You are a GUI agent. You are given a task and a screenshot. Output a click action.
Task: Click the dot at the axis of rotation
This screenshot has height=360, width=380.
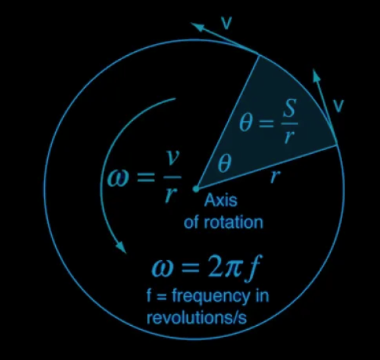(196, 189)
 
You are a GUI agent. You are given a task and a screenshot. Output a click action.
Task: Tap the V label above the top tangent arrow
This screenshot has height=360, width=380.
(227, 23)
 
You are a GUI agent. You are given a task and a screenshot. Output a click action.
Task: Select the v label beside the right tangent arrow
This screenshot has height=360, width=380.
(339, 106)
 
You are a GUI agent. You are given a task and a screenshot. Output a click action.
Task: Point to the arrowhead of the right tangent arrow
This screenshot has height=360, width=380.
(316, 75)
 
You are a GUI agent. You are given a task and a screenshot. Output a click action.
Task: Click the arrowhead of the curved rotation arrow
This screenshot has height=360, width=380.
(121, 247)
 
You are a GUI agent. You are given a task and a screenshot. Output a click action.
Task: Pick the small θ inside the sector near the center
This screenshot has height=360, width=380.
(225, 164)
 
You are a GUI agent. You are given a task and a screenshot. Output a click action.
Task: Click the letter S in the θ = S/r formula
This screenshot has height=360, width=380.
(290, 108)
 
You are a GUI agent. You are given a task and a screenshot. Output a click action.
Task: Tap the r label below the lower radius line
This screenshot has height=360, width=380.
(275, 176)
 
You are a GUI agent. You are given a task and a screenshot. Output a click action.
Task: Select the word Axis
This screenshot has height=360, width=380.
(220, 200)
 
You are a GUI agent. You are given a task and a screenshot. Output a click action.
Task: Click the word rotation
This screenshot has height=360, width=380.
(233, 223)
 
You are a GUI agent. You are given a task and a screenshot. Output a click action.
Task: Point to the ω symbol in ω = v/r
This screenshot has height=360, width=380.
(117, 178)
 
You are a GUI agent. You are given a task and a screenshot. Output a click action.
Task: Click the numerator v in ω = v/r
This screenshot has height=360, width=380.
(172, 158)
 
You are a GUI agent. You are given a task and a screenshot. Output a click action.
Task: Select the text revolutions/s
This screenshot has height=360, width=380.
(197, 318)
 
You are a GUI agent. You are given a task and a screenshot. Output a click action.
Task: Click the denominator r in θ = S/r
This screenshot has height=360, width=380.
(289, 137)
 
